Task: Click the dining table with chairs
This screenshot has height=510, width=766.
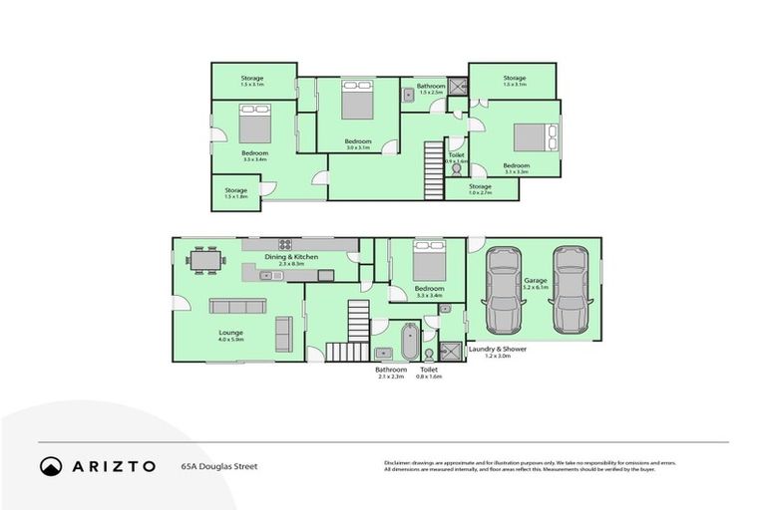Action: click(206, 259)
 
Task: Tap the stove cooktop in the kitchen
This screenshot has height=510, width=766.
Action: click(284, 244)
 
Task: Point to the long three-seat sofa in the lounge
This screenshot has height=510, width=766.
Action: click(230, 307)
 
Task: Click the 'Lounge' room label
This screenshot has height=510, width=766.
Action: click(231, 333)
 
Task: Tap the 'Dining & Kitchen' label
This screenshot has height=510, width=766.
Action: click(291, 257)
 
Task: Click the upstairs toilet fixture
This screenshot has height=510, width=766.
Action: click(457, 169)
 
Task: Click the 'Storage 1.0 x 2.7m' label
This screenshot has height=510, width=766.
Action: click(480, 188)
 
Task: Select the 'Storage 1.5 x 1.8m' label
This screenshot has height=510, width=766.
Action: click(235, 192)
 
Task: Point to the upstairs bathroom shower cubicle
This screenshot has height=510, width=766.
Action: click(457, 88)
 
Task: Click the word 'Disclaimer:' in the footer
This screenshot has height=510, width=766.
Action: click(400, 462)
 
